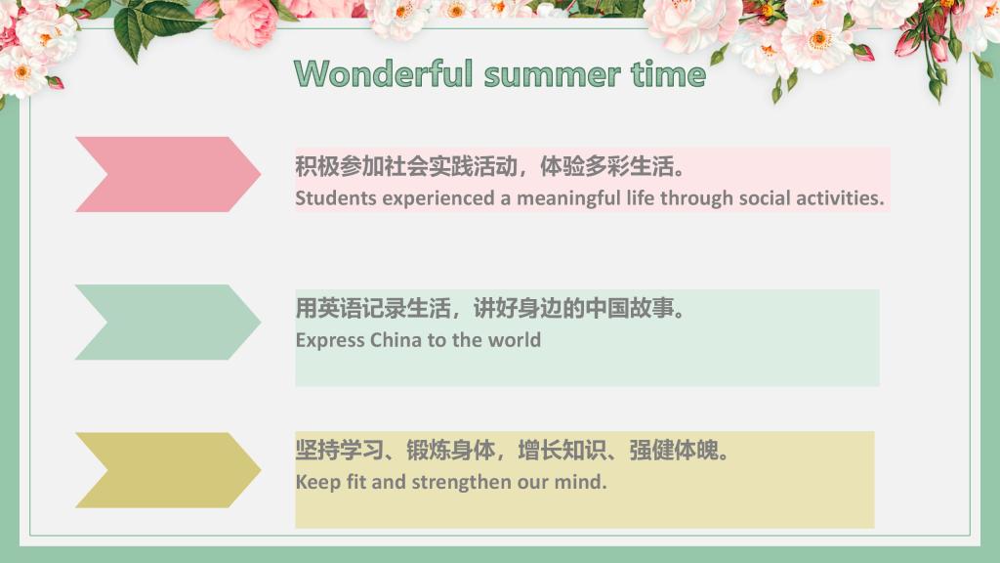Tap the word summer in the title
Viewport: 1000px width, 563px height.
tap(553, 75)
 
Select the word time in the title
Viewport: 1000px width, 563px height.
tap(668, 73)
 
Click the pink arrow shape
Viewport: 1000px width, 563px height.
tap(168, 174)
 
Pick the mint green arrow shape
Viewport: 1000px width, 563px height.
tap(168, 323)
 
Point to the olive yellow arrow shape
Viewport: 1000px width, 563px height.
tap(168, 470)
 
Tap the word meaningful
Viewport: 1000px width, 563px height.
tap(567, 198)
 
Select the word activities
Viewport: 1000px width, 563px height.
tap(840, 197)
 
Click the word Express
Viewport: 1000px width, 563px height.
tap(330, 340)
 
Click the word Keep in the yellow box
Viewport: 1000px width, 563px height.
tap(317, 482)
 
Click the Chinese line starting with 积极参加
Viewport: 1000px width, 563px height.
tap(490, 166)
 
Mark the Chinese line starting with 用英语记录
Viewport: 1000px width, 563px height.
tap(490, 308)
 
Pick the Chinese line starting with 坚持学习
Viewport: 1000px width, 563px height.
tap(512, 450)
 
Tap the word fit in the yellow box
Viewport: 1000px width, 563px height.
tap(355, 481)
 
